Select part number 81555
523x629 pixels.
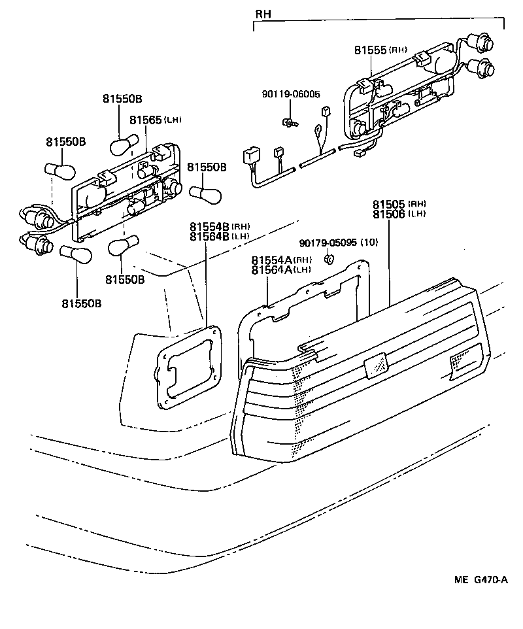pyautogui.click(x=371, y=50)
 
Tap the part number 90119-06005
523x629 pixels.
pyautogui.click(x=291, y=95)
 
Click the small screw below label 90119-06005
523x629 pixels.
pyautogui.click(x=288, y=121)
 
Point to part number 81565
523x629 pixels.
pyautogui.click(x=146, y=120)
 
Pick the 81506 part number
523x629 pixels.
pyautogui.click(x=390, y=214)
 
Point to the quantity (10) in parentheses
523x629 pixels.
pyautogui.click(x=369, y=243)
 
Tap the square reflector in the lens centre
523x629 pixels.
pyautogui.click(x=375, y=367)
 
